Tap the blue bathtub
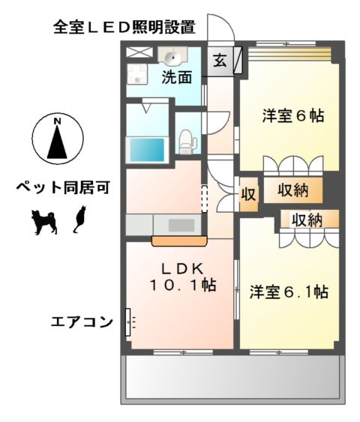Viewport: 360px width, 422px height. tap(147, 148)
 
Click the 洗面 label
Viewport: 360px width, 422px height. tap(178, 76)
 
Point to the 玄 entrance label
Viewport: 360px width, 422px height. tap(220, 61)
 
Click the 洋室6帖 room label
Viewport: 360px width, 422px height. tap(292, 117)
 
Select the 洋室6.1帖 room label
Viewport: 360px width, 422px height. tap(288, 292)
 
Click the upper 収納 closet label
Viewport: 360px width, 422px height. tap(293, 190)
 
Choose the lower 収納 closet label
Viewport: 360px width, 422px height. tap(306, 220)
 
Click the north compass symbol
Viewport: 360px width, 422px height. tap(57, 140)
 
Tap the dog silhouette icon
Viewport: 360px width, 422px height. tap(43, 221)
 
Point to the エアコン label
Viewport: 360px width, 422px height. tap(81, 322)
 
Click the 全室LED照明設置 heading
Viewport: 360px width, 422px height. tap(124, 28)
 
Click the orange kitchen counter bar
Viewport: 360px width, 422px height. tap(178, 241)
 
